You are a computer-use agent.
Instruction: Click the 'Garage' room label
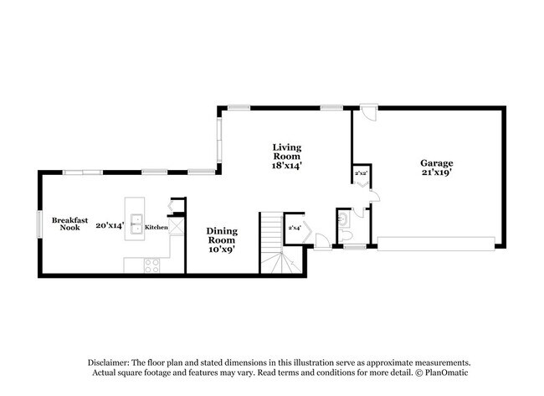click(x=436, y=163)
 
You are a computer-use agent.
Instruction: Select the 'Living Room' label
click(x=286, y=152)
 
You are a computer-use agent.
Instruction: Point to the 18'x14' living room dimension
click(x=286, y=166)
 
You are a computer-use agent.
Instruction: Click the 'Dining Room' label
click(x=222, y=230)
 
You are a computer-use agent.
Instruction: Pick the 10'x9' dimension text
click(x=222, y=248)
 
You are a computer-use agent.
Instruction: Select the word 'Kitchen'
click(x=157, y=227)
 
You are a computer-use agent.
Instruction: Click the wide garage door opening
click(x=435, y=243)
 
